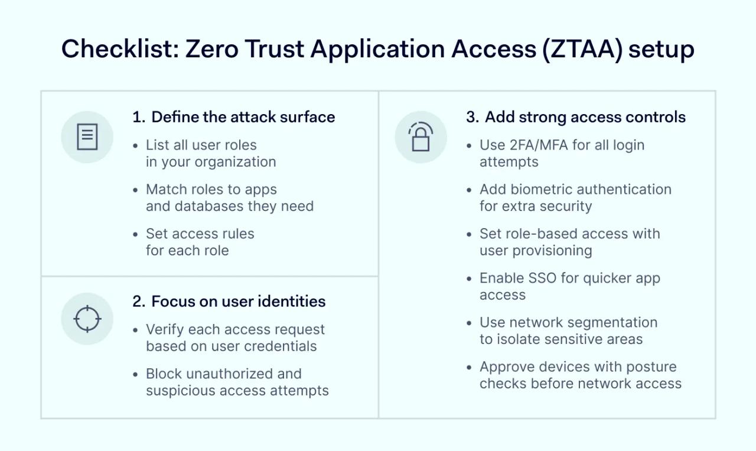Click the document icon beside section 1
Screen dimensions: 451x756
click(87, 137)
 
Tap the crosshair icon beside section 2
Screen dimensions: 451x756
click(87, 319)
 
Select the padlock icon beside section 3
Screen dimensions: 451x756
click(421, 137)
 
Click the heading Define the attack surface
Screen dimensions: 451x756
click(243, 117)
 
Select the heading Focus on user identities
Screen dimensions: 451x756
click(238, 301)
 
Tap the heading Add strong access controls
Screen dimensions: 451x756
click(585, 117)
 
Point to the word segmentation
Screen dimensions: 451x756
click(614, 323)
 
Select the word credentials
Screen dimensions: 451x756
click(281, 346)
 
